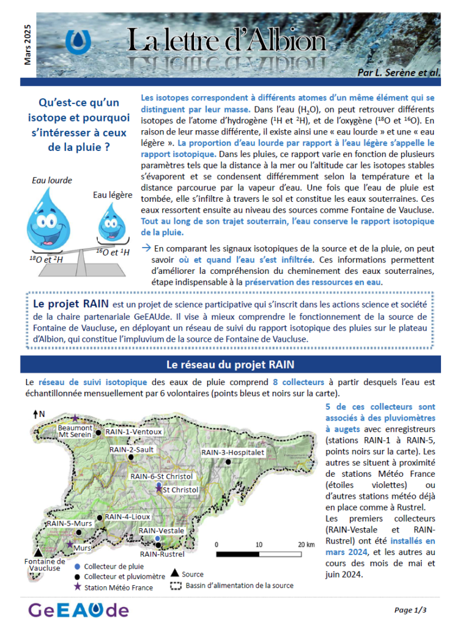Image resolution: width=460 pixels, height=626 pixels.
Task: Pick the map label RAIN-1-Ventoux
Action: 133,432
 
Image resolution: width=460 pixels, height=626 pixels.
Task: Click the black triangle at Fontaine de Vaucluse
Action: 39,552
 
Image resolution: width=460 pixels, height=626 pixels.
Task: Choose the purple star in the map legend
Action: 77,587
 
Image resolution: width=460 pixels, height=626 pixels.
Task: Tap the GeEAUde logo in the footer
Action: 78,609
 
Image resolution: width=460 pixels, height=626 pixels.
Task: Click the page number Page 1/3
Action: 410,609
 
